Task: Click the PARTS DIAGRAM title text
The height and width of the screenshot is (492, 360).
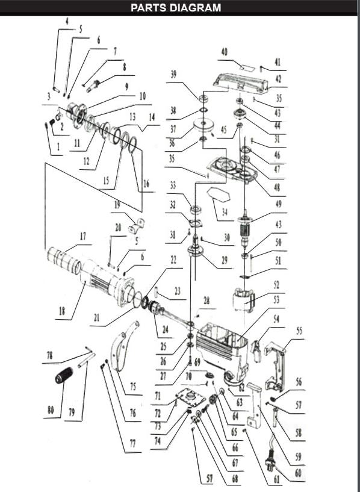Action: (x=176, y=7)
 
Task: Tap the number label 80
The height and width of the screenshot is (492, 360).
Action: (x=51, y=410)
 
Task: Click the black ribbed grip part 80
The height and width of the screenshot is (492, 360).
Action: (x=63, y=378)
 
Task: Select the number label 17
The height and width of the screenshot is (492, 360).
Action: (x=83, y=237)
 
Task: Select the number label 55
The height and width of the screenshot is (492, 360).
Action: (x=299, y=331)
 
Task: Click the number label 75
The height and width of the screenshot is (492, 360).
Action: (x=132, y=387)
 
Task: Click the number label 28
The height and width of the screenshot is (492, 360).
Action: (x=206, y=300)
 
